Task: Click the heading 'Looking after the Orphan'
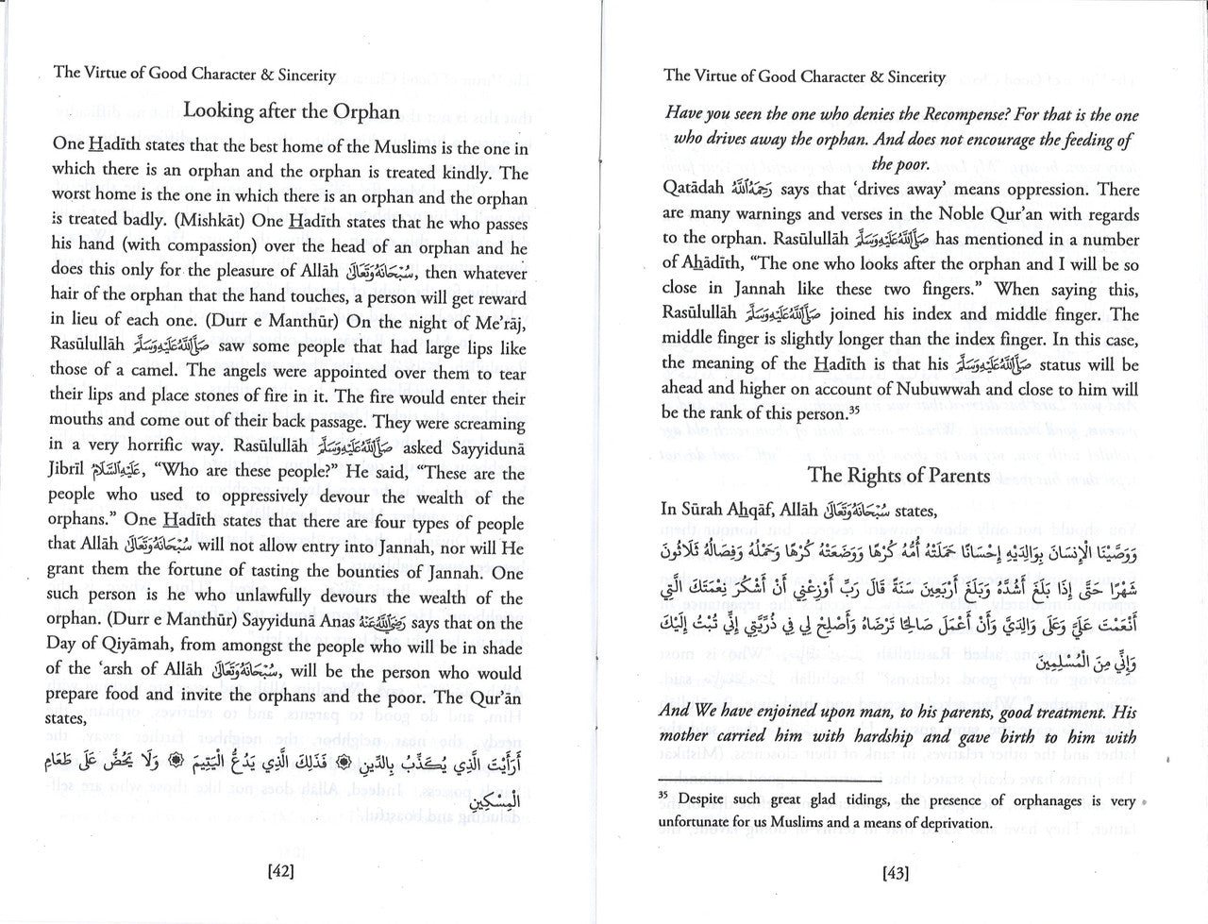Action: click(292, 110)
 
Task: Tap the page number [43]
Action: click(896, 874)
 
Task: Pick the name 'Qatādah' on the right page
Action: click(696, 190)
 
